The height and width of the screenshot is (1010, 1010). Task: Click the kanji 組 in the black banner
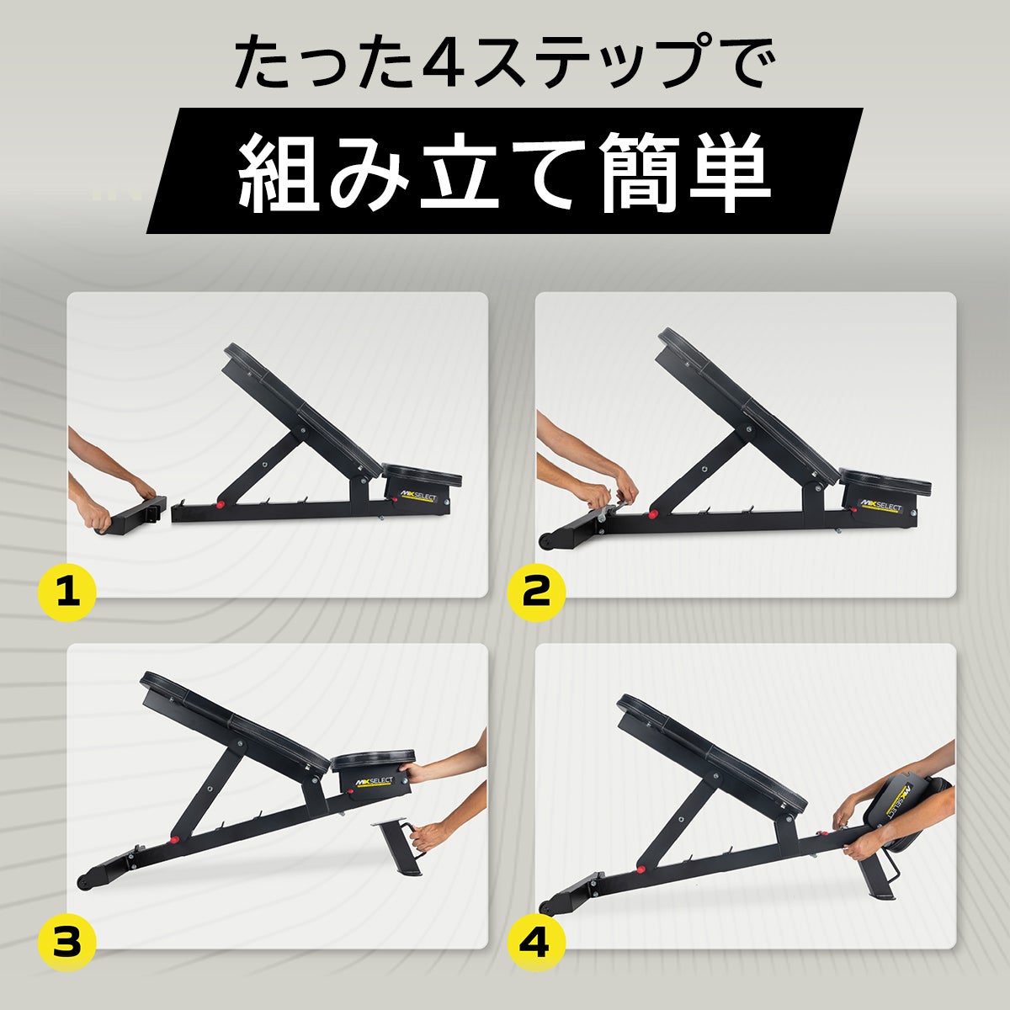pos(279,171)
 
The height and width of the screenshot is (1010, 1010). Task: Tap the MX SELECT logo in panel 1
pos(417,495)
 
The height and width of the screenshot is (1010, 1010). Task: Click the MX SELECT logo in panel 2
pos(881,506)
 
